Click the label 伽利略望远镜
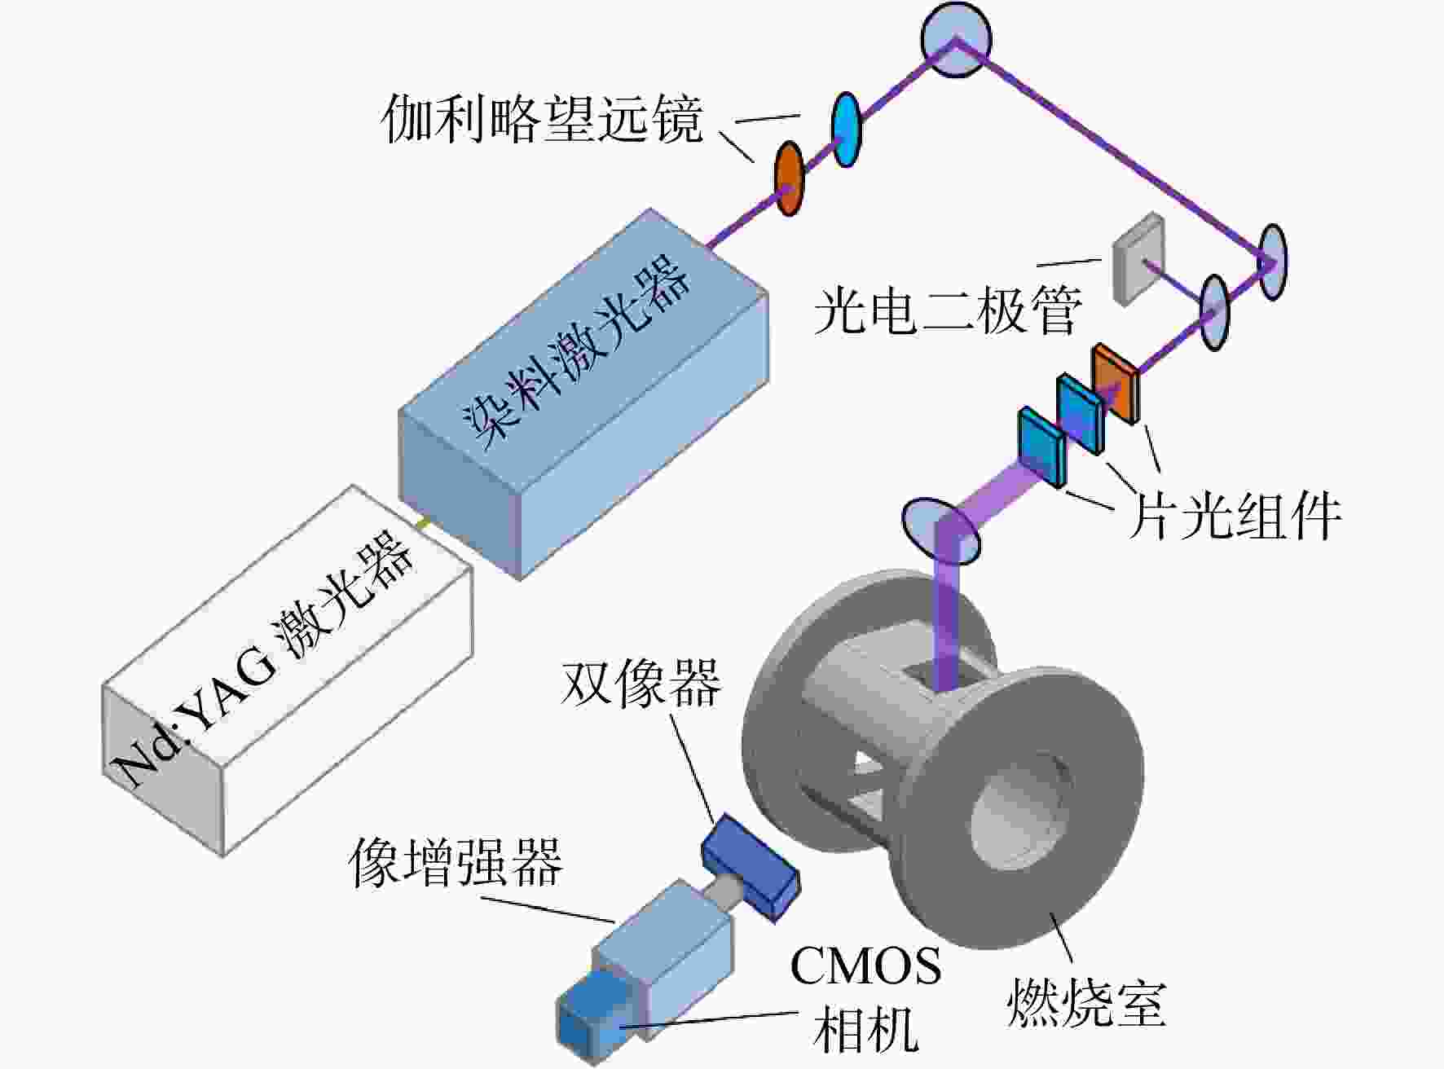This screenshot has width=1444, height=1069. point(542,120)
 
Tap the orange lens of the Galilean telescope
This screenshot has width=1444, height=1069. point(788,178)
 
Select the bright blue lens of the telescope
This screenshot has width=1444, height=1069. point(847,129)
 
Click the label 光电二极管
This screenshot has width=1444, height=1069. point(948,310)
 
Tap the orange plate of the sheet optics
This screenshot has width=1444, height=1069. point(1116,382)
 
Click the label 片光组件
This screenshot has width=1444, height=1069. point(1234,515)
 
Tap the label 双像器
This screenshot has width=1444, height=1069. point(641,682)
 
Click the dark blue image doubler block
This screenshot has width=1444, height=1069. point(750,868)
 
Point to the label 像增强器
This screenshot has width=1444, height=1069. point(456,862)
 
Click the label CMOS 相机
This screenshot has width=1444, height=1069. point(866,998)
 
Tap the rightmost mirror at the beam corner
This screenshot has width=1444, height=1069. point(1272,262)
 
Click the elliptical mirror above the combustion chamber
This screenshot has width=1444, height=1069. point(941,531)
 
